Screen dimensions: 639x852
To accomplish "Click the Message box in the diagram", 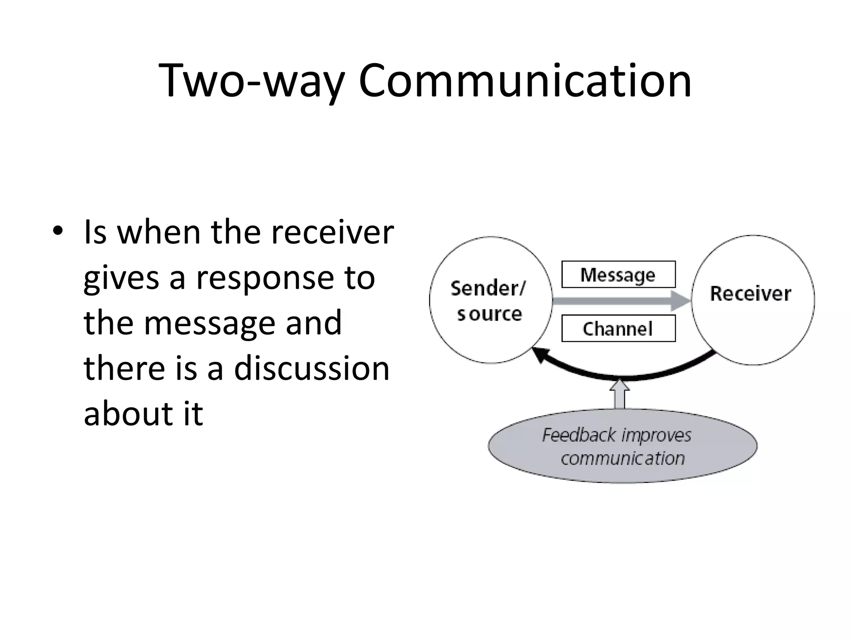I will pyautogui.click(x=618, y=275).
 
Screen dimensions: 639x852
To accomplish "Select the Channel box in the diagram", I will pyautogui.click(x=618, y=329).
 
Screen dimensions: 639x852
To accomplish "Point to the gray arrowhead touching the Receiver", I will pyautogui.click(x=680, y=300).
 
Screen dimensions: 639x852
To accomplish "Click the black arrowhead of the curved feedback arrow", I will pyautogui.click(x=540, y=354).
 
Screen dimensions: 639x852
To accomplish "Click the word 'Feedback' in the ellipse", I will pyautogui.click(x=579, y=436).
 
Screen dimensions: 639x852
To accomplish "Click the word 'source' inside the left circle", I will pyautogui.click(x=489, y=314).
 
